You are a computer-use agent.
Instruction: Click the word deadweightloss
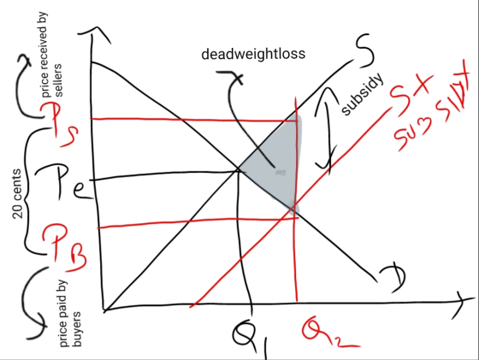click(253, 54)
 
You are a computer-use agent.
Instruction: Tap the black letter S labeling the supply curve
click(365, 51)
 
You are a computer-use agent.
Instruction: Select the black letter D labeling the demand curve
click(393, 279)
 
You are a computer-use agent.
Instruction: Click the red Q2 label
click(328, 332)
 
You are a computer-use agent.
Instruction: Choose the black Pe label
click(66, 183)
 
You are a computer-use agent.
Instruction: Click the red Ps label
click(60, 124)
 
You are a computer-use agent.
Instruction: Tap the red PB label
click(64, 247)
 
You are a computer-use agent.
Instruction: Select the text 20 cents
click(18, 193)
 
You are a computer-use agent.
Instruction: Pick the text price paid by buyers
click(70, 314)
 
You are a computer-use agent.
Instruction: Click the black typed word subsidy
click(363, 94)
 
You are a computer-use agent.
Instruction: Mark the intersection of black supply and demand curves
click(239, 168)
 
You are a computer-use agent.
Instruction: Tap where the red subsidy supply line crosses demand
click(293, 209)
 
